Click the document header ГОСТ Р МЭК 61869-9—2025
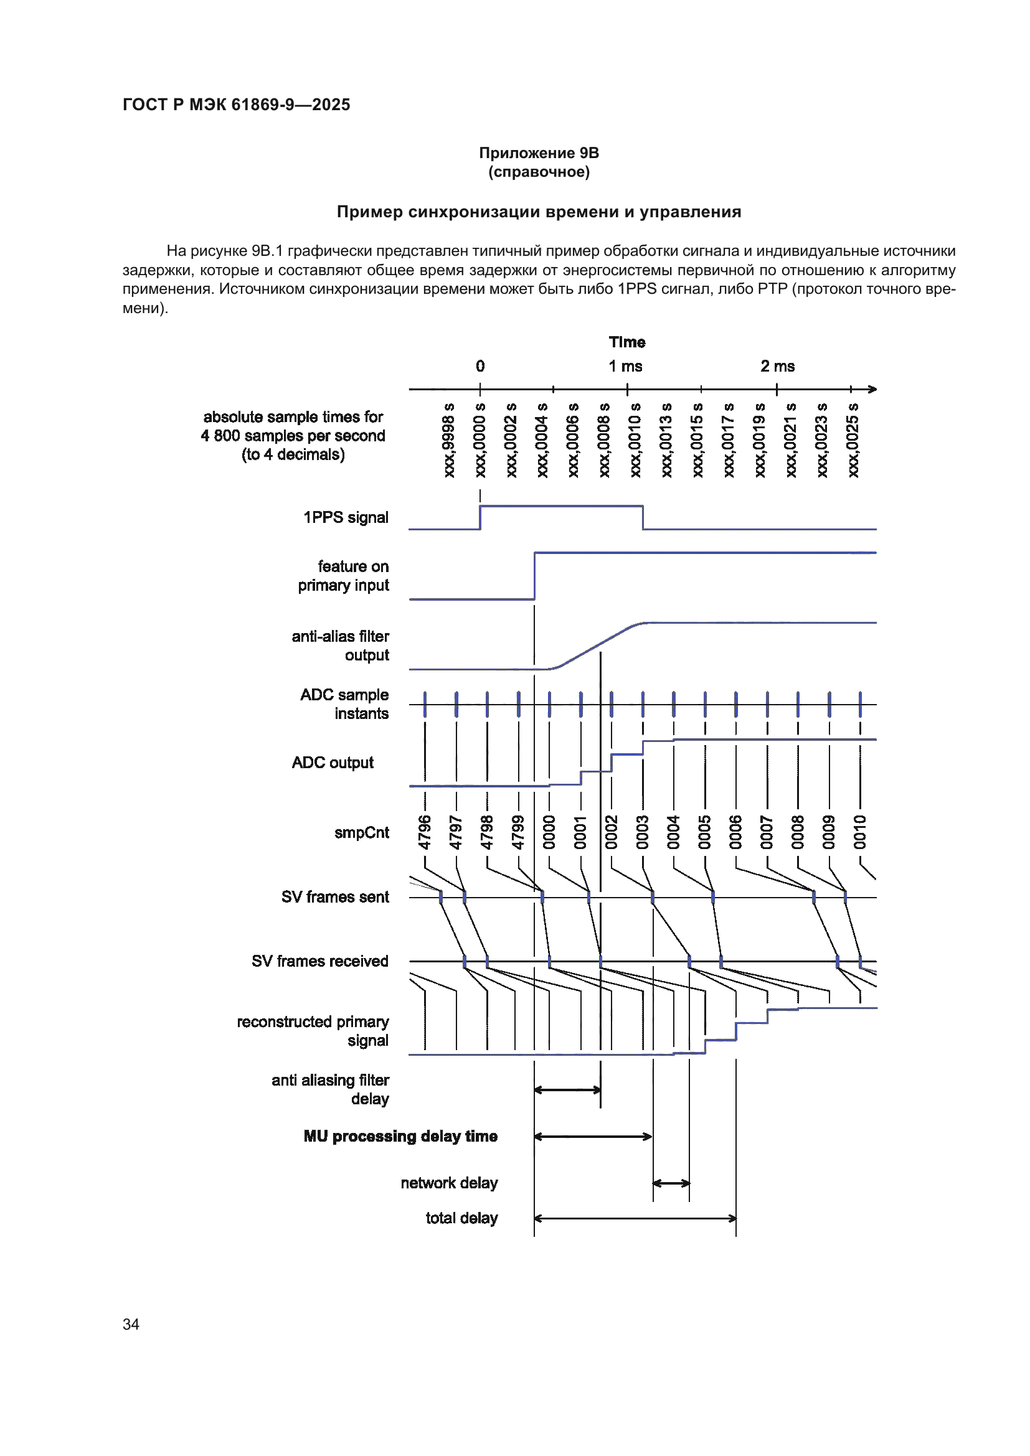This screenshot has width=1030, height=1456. (236, 105)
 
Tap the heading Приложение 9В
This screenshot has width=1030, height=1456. (539, 153)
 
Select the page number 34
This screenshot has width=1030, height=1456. (131, 1324)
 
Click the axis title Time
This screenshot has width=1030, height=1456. (626, 342)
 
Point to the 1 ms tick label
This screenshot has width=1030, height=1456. (625, 367)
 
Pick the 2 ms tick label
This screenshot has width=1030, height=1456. (778, 367)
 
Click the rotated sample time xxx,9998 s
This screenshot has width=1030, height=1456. (449, 440)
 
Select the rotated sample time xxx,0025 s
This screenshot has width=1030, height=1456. (853, 440)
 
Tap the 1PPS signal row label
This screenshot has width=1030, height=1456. (346, 517)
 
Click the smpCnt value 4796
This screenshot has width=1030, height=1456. (425, 832)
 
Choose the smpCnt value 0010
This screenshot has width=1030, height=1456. (860, 832)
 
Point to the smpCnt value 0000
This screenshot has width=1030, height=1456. (549, 832)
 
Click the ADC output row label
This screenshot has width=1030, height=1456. (333, 763)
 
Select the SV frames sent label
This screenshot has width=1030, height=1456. (335, 896)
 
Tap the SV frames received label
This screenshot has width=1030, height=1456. (319, 960)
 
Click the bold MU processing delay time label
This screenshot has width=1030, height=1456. (400, 1136)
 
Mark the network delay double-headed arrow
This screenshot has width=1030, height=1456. (671, 1183)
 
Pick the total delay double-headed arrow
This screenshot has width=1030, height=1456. (635, 1218)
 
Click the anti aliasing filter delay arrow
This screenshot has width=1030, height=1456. (567, 1090)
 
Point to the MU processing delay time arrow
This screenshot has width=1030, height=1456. (593, 1137)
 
